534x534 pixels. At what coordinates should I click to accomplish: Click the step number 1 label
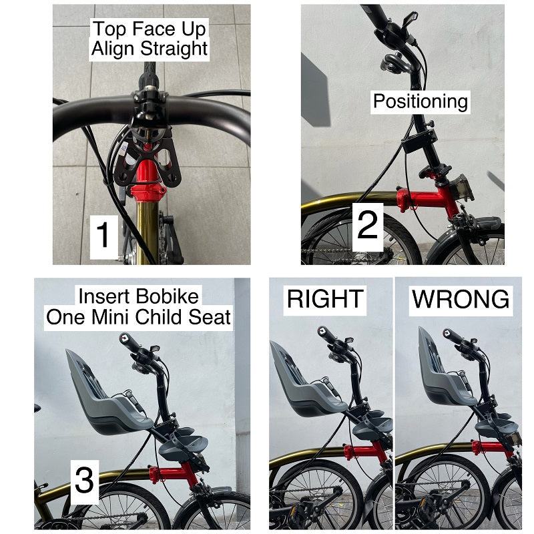[x=103, y=235]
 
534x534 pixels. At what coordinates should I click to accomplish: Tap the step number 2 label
[x=368, y=224]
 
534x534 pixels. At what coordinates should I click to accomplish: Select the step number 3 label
[x=85, y=480]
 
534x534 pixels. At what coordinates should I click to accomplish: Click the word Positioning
[x=421, y=101]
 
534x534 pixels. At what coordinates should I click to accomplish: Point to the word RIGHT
[x=325, y=299]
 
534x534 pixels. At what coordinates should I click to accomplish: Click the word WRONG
[x=461, y=299]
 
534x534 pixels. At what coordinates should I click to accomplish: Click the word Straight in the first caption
[x=174, y=49]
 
